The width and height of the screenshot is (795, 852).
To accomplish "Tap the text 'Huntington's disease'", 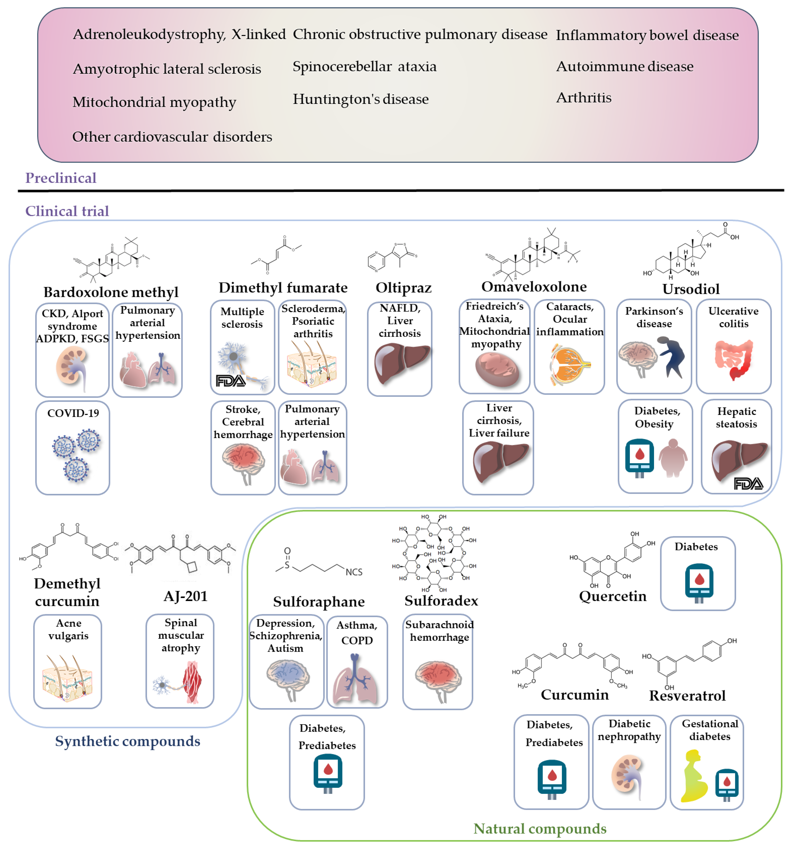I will click(x=360, y=99).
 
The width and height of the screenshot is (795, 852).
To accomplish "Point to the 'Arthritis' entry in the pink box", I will click(x=584, y=98).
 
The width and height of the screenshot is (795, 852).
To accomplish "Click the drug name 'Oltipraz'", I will click(x=403, y=287).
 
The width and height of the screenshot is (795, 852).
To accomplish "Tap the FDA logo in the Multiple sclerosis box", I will click(x=230, y=381).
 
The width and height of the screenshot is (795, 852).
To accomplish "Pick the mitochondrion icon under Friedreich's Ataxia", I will click(x=498, y=371).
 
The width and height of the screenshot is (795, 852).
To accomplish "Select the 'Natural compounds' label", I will click(x=540, y=828).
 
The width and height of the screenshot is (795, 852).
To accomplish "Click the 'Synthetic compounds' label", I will click(x=128, y=741).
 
